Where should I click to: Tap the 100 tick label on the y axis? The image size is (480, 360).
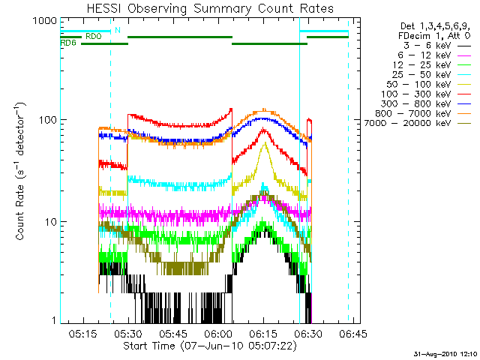click(46, 120)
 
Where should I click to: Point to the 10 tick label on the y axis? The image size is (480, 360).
click(49, 222)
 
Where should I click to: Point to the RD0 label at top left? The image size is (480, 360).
click(94, 36)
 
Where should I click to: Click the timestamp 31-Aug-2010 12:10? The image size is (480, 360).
click(443, 352)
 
